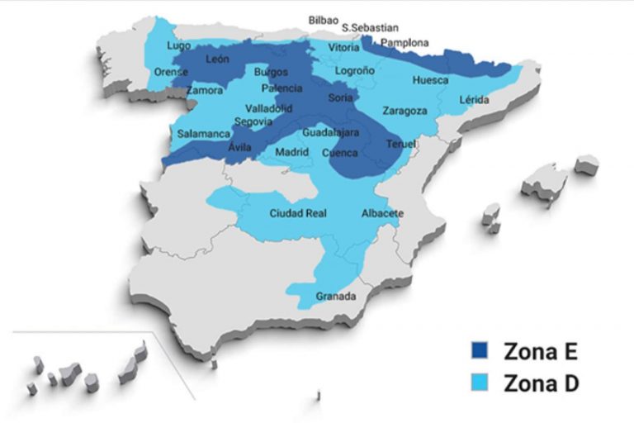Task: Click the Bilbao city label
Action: coord(324,19)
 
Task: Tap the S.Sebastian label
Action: coord(370,27)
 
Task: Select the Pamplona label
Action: coord(405,42)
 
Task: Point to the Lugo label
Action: coord(178,45)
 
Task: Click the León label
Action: coord(218,59)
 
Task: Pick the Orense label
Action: coord(171,72)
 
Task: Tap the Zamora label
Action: coord(205,90)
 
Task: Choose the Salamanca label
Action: coord(203,133)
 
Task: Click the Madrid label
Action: coord(291,152)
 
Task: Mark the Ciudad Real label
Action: coord(298,213)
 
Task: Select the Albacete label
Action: coord(382,214)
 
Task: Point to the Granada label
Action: coord(336,296)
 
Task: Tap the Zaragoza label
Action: coord(405,110)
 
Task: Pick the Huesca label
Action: coord(430,80)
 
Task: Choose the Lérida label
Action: coord(474,100)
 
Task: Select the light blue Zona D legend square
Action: coord(480,383)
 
